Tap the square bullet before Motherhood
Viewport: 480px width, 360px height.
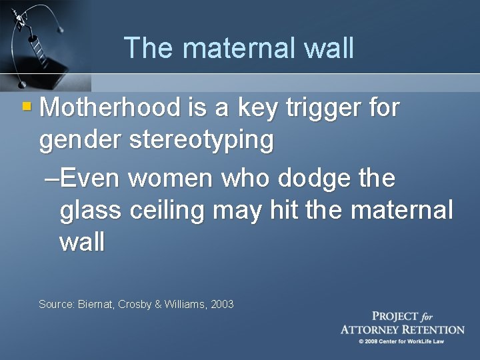[27, 106]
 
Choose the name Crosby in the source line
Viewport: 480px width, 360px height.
[137, 304]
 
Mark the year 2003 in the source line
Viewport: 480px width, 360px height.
[222, 304]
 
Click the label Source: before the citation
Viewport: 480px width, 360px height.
[55, 304]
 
